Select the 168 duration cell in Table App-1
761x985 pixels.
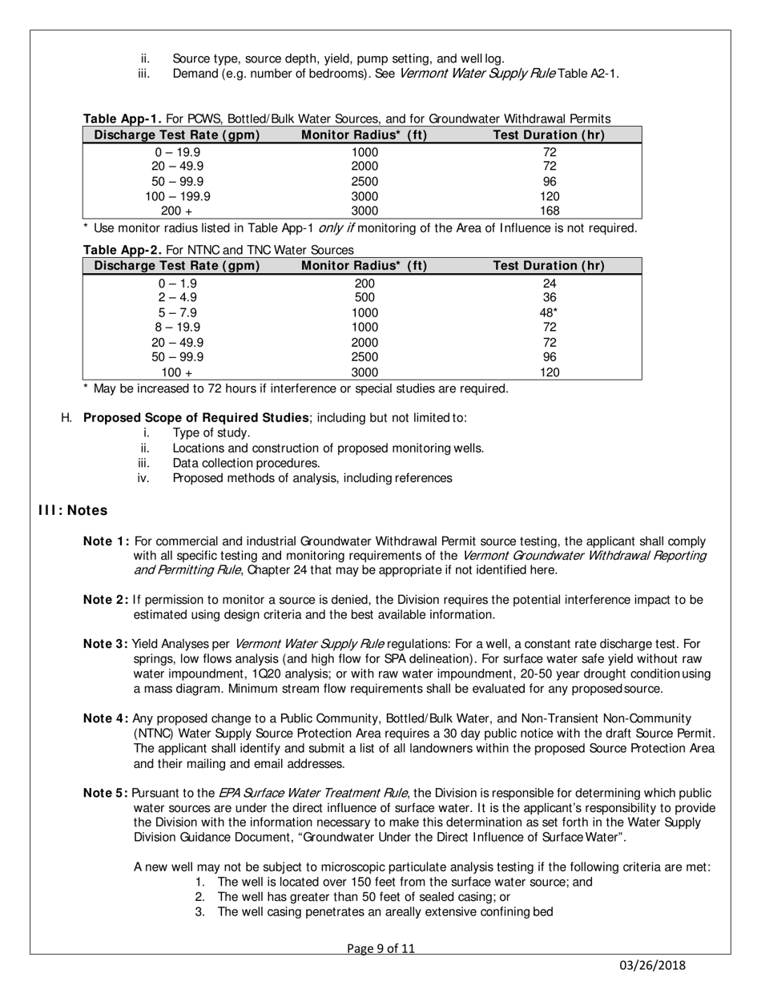550,211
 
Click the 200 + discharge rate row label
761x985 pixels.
178,211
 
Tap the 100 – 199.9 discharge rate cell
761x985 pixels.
178,196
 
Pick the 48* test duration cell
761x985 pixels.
550,312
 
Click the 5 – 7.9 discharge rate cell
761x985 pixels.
178,312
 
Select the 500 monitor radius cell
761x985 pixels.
364,298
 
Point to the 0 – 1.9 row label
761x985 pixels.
178,283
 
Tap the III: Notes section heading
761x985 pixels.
73,510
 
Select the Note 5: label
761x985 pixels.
106,793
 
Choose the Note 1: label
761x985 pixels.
106,541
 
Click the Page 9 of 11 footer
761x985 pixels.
381,949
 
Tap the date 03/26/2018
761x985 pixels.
653,966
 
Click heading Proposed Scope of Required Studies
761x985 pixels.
196,417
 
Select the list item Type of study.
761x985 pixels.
211,432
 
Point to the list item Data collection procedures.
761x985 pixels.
246,463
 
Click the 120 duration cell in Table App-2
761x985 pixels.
550,372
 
